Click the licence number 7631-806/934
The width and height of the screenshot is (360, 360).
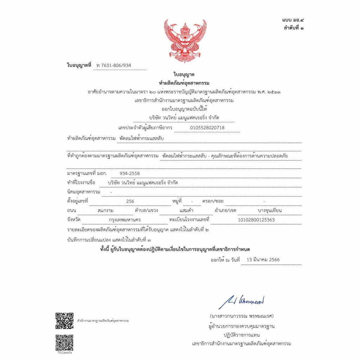pyautogui.click(x=116, y=65)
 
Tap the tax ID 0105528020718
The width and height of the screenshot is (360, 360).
pyautogui.click(x=207, y=128)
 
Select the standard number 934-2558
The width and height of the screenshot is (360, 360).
pyautogui.click(x=129, y=173)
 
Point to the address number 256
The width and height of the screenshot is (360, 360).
pyautogui.click(x=130, y=201)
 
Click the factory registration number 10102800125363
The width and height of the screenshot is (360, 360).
pyautogui.click(x=256, y=220)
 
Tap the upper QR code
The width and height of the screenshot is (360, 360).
pyautogui.click(x=64, y=321)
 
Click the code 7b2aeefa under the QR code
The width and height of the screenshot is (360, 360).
pyautogui.click(x=64, y=353)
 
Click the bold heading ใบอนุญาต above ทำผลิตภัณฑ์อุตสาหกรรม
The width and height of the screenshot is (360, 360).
pyautogui.click(x=184, y=75)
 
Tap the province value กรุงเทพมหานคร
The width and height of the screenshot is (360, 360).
pyautogui.click(x=125, y=220)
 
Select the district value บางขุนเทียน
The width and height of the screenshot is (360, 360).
pyautogui.click(x=270, y=211)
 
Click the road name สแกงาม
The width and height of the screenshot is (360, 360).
pyautogui.click(x=105, y=211)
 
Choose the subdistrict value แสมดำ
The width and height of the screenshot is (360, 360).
pyautogui.click(x=186, y=211)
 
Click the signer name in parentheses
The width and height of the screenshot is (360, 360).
pyautogui.click(x=241, y=316)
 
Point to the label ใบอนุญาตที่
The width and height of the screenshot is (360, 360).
pyautogui.click(x=79, y=65)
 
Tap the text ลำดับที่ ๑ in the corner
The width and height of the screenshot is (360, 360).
pyautogui.click(x=294, y=28)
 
